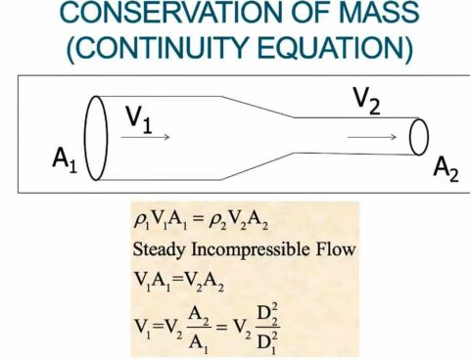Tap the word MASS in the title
pos(364,16)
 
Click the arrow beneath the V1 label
pos(146,137)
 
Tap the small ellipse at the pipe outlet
pos(419,138)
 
